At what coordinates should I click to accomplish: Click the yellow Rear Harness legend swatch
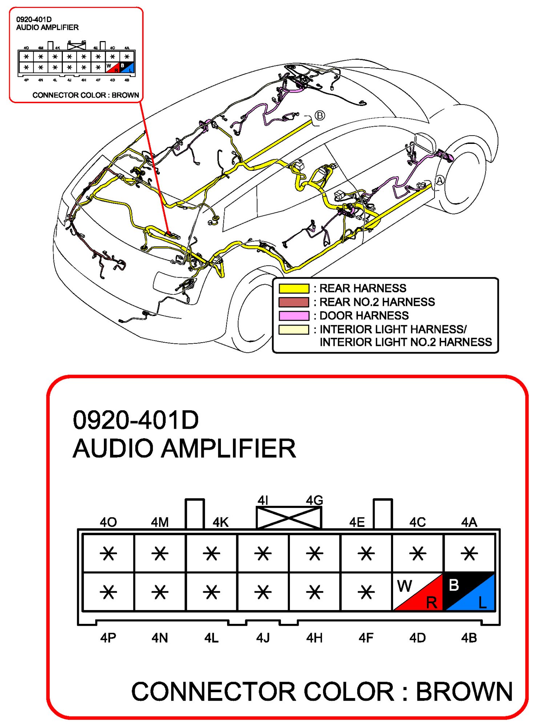[294, 288]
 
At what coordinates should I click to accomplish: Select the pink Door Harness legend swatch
[294, 315]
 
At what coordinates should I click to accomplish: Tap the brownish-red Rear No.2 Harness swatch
[294, 302]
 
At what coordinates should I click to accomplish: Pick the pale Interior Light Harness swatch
[294, 330]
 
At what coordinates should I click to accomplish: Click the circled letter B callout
[320, 116]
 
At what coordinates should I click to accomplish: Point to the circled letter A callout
[440, 180]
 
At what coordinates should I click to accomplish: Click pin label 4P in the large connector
[108, 638]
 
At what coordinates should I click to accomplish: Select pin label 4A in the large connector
[469, 523]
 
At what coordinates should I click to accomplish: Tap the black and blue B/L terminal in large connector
[469, 592]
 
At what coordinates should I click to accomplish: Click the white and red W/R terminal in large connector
[418, 592]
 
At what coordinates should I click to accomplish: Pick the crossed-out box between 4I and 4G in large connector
[289, 518]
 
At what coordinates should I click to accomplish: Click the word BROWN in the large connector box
[464, 691]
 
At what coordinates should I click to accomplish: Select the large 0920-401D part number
[136, 420]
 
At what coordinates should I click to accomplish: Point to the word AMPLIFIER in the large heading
[229, 448]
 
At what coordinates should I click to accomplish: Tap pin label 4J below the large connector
[263, 638]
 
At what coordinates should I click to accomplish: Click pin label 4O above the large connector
[108, 523]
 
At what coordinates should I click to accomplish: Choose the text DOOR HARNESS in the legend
[364, 315]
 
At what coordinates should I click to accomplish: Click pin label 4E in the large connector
[357, 523]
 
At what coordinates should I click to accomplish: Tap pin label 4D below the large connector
[417, 638]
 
